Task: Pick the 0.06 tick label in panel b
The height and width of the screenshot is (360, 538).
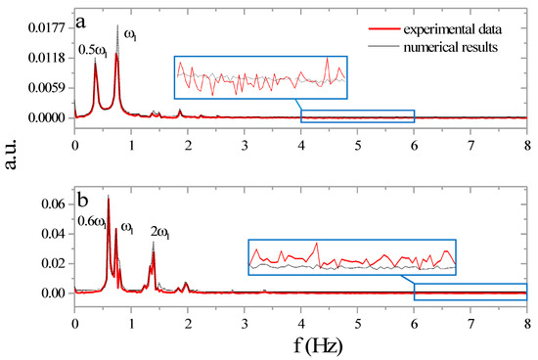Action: pos(54,203)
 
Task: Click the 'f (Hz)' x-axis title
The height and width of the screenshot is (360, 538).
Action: pos(301,344)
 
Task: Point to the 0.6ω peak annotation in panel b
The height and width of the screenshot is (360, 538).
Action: pos(94,220)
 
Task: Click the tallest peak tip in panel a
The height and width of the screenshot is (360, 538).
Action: pos(118,26)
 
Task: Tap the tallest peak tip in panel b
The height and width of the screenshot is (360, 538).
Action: pos(108,197)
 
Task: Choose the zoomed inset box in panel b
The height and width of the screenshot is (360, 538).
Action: pos(352,257)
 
